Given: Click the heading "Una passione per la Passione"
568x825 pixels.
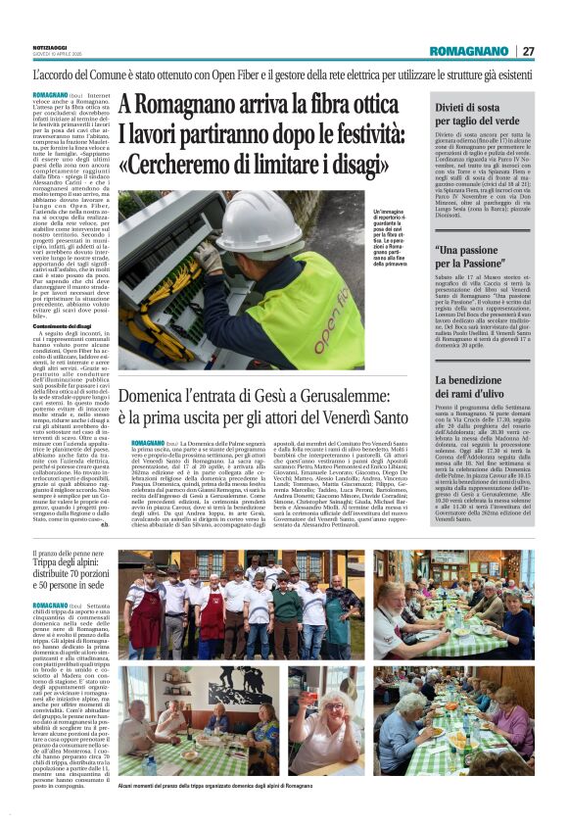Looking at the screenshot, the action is point(478,259).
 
